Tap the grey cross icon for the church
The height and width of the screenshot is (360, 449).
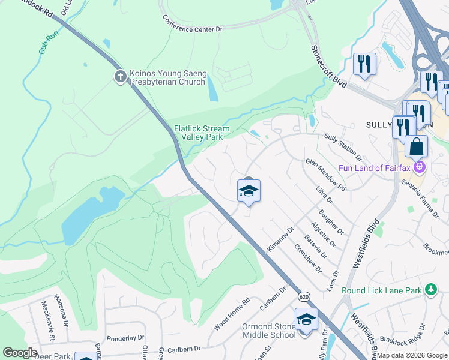pos(120,76)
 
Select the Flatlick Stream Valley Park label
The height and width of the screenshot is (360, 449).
pos(202,133)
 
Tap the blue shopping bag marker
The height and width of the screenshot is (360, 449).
pos(416,147)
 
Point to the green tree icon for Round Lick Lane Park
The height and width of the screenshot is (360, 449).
pos(430,290)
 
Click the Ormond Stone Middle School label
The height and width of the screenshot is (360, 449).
pos(269,331)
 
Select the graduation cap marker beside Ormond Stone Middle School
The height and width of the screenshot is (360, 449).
pos(306,320)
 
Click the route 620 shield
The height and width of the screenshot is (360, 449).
pos(304,297)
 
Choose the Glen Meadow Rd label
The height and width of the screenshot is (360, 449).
pos(325,175)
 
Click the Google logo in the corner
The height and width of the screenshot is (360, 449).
pos(20,353)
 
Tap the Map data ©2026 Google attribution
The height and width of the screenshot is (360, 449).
pos(412,355)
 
